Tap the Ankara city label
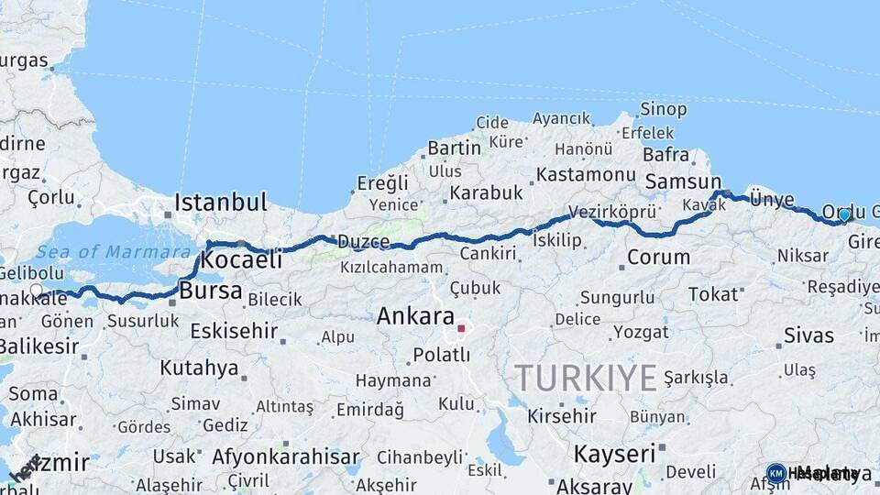click(x=415, y=317)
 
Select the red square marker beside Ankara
click(x=462, y=327)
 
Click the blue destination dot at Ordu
click(x=844, y=214)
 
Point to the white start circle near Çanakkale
click(x=37, y=291)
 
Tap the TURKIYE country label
click(x=586, y=377)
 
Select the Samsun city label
click(x=683, y=181)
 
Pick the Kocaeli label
click(x=241, y=259)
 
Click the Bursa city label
click(x=212, y=291)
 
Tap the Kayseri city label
click(x=614, y=453)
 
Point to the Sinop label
click(x=663, y=110)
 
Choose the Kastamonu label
click(x=586, y=174)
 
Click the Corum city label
click(x=658, y=258)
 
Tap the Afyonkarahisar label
click(x=286, y=456)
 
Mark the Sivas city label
click(x=808, y=335)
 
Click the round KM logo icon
click(x=775, y=473)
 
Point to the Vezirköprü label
click(x=612, y=212)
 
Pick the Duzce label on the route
click(x=364, y=242)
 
